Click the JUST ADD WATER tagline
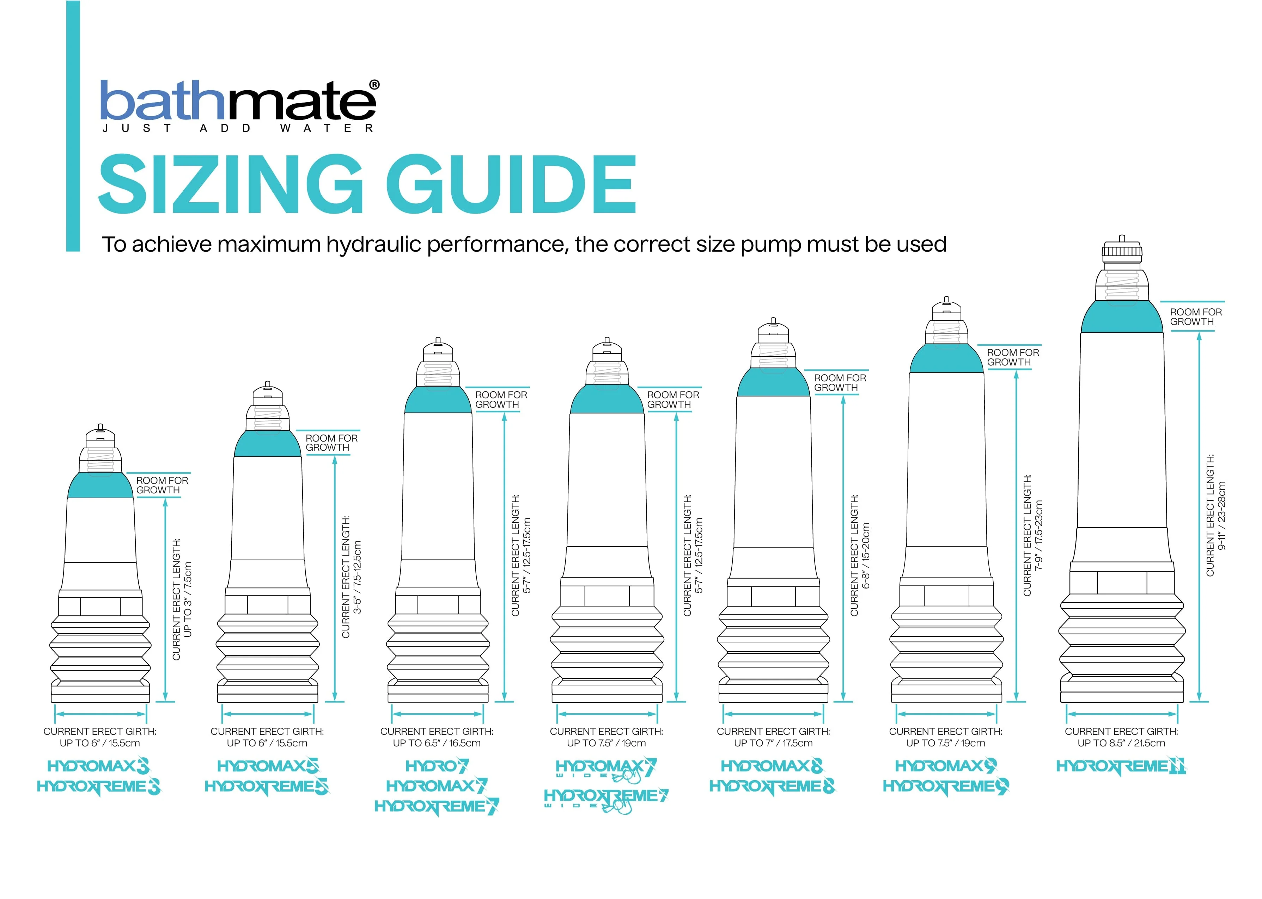(238, 128)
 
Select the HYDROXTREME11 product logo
(1121, 767)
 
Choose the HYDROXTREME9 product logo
(945, 786)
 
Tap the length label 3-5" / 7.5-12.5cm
(358, 577)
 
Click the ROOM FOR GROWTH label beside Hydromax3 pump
(162, 486)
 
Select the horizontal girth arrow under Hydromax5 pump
(268, 714)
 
